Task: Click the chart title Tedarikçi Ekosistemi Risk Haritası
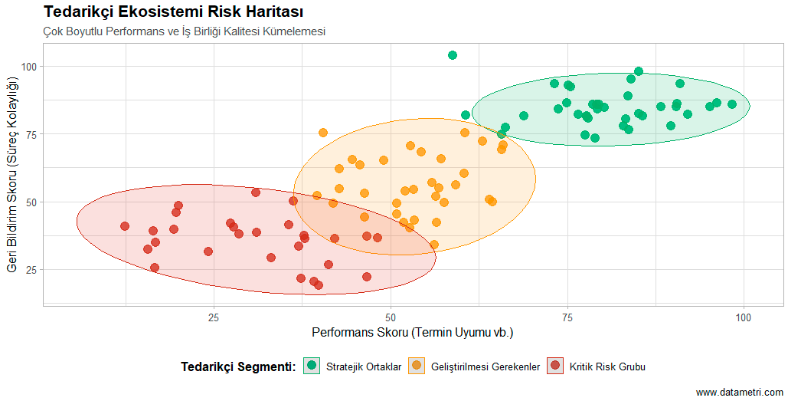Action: pyautogui.click(x=174, y=12)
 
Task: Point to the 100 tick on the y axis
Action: pyautogui.click(x=30, y=67)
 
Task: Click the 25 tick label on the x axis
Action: pyautogui.click(x=214, y=317)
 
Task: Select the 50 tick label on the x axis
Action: pyautogui.click(x=391, y=317)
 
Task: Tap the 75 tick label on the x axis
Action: pyautogui.click(x=567, y=317)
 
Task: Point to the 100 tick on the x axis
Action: pyautogui.click(x=744, y=317)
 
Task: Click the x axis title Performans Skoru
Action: pyautogui.click(x=412, y=333)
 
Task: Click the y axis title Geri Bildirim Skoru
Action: pyautogui.click(x=11, y=174)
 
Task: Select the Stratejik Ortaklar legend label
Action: pyautogui.click(x=364, y=366)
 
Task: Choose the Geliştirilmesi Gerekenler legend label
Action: pyautogui.click(x=486, y=366)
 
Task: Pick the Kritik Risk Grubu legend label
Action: pyautogui.click(x=607, y=366)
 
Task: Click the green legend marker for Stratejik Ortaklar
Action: pyautogui.click(x=312, y=366)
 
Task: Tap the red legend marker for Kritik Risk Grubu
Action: pyautogui.click(x=555, y=366)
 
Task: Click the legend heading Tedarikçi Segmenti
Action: pyautogui.click(x=238, y=366)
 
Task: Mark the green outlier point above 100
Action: pyautogui.click(x=453, y=55)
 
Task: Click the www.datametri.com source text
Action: pyautogui.click(x=739, y=392)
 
